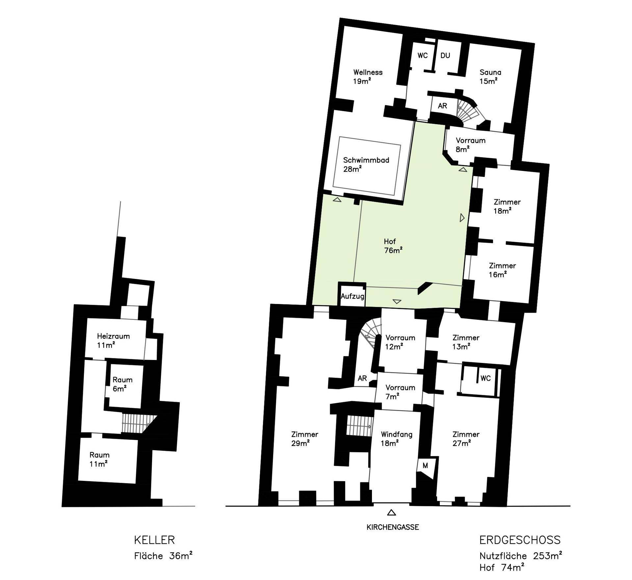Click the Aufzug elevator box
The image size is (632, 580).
[352, 294]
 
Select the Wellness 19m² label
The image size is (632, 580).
[368, 76]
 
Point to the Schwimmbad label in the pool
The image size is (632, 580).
[366, 160]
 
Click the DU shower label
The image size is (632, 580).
[445, 55]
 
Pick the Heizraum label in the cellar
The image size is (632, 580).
[113, 336]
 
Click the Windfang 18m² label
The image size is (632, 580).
[396, 439]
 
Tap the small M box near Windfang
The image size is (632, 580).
[425, 466]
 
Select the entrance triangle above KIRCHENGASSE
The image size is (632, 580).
[391, 512]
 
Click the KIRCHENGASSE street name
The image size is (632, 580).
[393, 527]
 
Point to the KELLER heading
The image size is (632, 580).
[154, 540]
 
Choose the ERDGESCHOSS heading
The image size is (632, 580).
[520, 540]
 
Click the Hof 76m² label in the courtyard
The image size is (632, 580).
[393, 246]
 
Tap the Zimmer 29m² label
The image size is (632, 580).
[304, 439]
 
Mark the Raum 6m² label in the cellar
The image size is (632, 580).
[122, 384]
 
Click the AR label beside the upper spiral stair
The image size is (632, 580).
[442, 106]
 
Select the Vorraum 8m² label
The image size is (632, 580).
[470, 145]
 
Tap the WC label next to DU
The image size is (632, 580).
[423, 55]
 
